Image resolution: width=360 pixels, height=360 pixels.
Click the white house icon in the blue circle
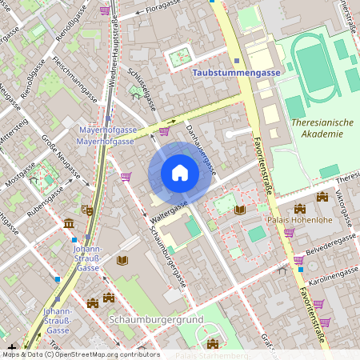pos(180,173)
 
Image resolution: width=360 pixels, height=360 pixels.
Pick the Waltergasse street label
pos(167,209)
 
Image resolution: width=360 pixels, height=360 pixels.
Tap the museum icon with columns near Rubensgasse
pos(68,222)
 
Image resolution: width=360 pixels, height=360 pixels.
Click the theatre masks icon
pos(86,210)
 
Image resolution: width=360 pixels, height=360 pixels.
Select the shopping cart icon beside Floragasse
pos(105,10)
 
